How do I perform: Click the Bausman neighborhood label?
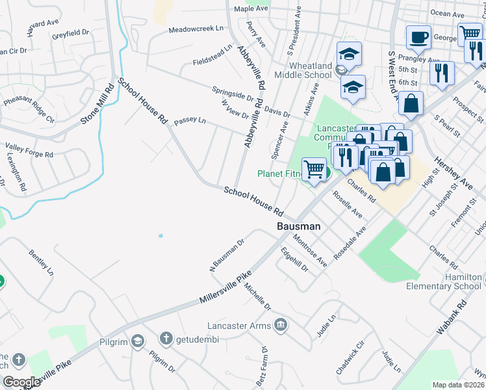pos(299,226)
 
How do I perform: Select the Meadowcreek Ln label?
pos(195,30)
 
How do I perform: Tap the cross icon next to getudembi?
pos(166,339)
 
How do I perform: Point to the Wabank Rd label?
pos(452,317)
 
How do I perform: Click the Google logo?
pos(21,382)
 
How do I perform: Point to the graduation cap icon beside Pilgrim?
pos(138,340)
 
